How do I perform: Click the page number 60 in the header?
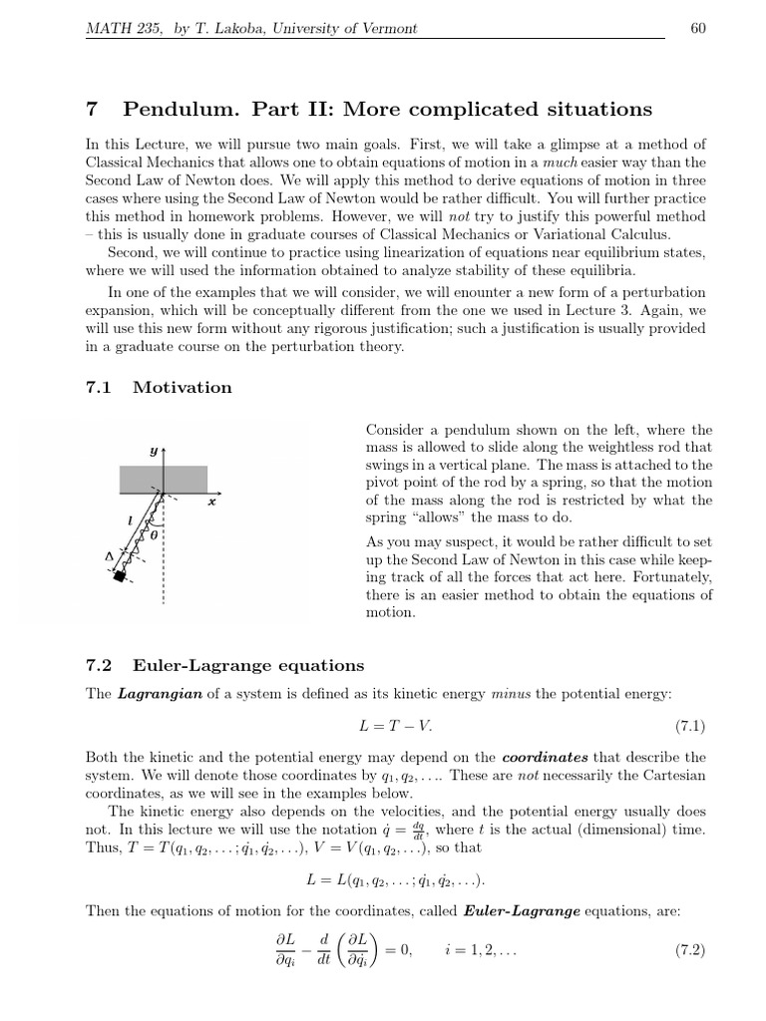pos(698,27)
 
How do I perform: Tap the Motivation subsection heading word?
pos(183,388)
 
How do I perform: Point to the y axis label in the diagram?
pos(154,451)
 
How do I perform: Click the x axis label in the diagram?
pos(211,503)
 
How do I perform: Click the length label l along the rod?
pos(132,519)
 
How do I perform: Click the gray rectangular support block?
pos(164,480)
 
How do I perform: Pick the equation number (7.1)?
pos(684,722)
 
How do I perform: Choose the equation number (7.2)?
pos(684,950)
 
